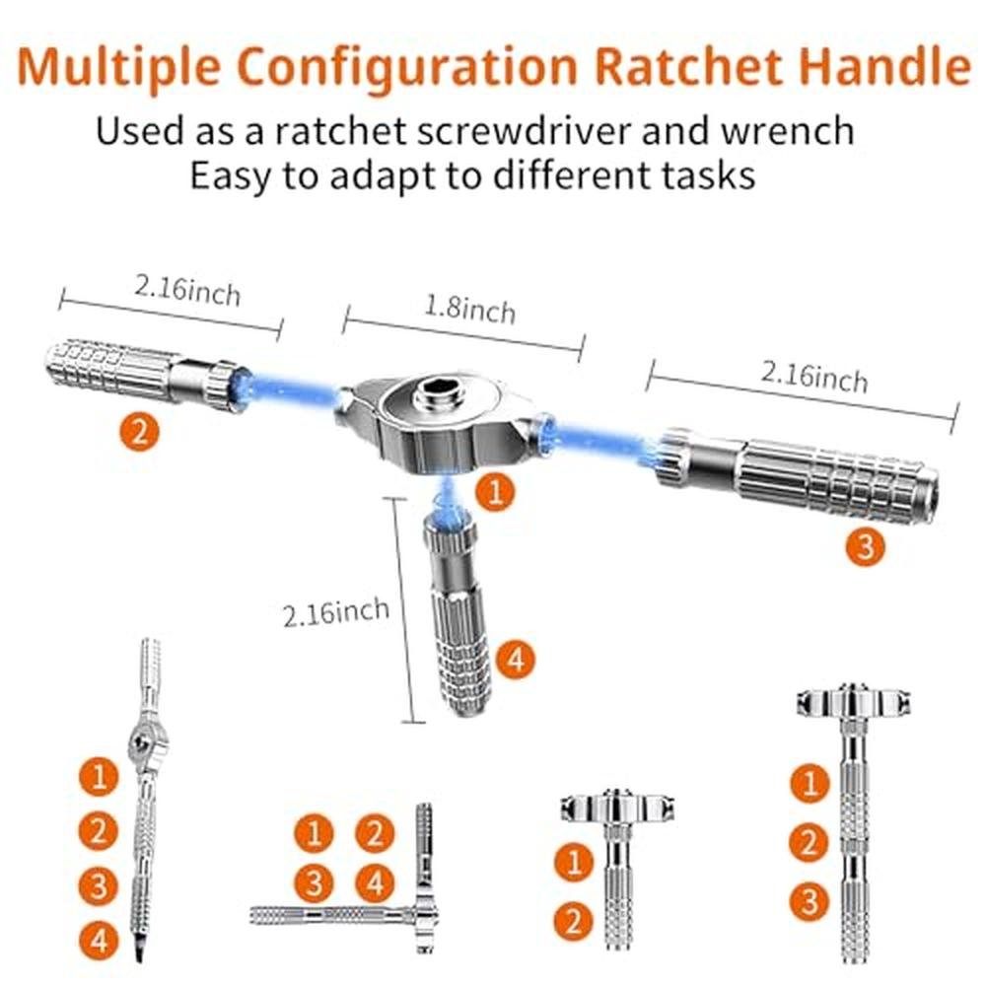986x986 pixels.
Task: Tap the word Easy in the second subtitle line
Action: tap(231, 176)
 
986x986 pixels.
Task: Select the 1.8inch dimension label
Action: tap(469, 309)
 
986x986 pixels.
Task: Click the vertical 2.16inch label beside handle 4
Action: tap(336, 612)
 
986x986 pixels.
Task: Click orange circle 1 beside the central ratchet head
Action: tap(496, 490)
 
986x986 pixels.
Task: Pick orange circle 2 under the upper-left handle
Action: tap(140, 432)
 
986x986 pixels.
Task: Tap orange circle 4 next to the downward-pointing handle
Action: tap(516, 660)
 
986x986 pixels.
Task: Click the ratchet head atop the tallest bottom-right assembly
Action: tap(853, 702)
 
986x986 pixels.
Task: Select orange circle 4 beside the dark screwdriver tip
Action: tap(99, 941)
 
